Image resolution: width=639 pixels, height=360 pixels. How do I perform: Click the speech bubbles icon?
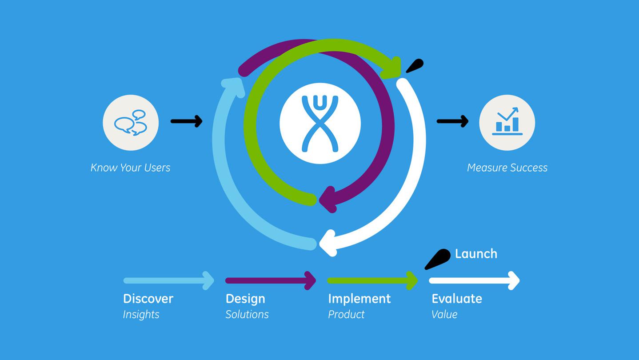[131, 122]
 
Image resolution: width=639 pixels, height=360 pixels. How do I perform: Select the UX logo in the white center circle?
[320, 123]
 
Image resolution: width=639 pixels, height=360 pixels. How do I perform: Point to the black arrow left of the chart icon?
[452, 121]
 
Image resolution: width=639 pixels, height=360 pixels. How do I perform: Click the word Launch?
[476, 254]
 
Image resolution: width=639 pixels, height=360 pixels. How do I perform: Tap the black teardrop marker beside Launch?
[438, 259]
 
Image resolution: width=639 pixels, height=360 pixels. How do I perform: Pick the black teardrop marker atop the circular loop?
[415, 66]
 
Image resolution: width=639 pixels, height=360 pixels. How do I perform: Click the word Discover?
[148, 299]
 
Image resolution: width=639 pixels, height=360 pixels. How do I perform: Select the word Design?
[245, 299]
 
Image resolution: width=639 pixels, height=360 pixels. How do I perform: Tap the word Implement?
[359, 299]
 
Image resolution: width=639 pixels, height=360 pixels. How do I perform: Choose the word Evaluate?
[457, 299]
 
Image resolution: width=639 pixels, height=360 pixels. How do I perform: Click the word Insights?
[141, 314]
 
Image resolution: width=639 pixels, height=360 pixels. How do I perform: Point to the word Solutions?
[247, 314]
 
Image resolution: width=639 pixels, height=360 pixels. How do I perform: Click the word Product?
[346, 314]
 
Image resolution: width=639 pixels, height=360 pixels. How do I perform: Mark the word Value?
[444, 314]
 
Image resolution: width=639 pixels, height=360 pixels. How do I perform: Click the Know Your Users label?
[130, 168]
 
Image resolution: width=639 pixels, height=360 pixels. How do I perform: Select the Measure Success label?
[507, 168]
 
